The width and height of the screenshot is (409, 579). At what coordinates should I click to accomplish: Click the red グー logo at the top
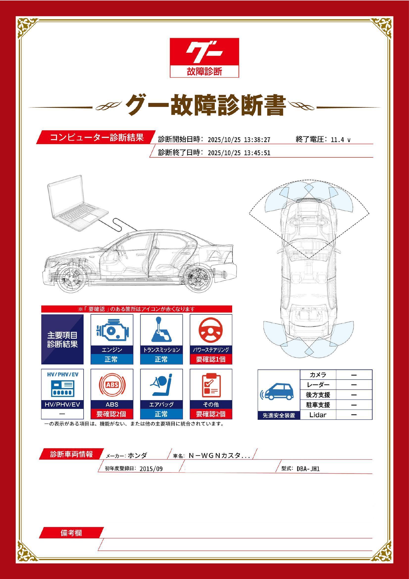click(204, 57)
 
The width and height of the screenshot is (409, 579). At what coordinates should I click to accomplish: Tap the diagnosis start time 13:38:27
click(257, 139)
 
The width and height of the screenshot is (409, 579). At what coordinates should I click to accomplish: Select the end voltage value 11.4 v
click(340, 139)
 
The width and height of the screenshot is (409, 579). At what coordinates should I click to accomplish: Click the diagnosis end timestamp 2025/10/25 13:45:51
click(239, 153)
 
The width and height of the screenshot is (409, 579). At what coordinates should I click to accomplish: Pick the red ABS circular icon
click(112, 385)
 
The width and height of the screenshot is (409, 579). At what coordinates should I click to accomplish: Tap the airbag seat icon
click(161, 385)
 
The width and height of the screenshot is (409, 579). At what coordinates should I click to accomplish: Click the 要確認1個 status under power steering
click(211, 359)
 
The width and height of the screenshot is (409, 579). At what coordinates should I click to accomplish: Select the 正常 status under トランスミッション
click(161, 359)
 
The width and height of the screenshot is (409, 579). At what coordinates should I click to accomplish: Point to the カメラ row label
click(318, 375)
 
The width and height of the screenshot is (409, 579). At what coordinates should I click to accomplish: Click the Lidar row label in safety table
click(318, 415)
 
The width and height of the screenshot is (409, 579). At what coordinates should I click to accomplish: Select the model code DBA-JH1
click(308, 469)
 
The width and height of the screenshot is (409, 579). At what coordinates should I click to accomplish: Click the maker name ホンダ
click(137, 455)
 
